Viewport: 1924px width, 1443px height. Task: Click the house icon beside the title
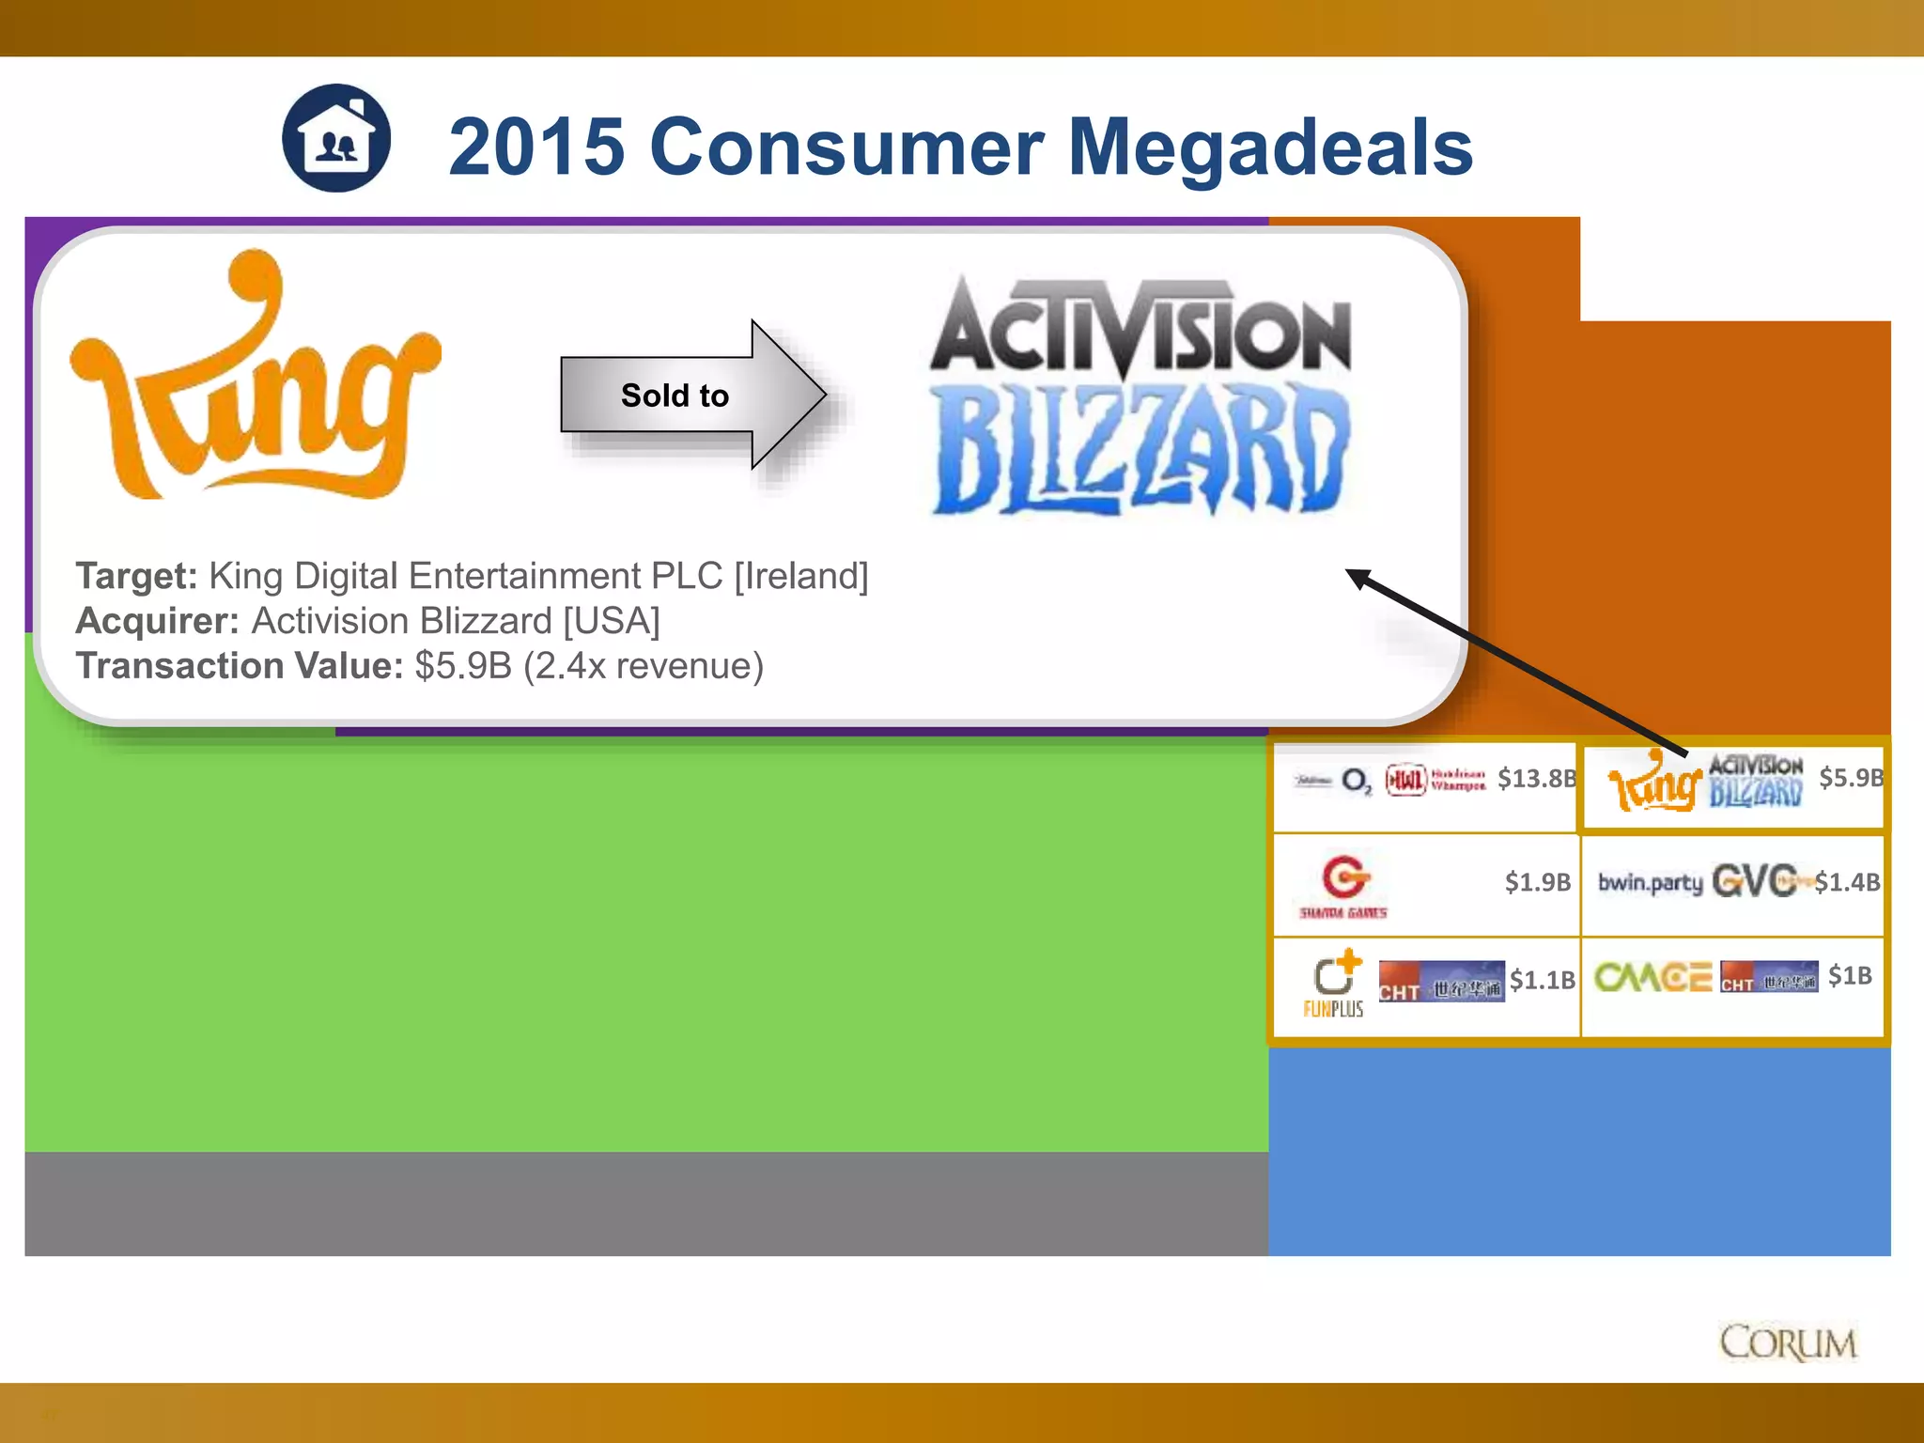pyautogui.click(x=336, y=139)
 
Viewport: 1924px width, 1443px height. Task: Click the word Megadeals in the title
pyautogui.click(x=1270, y=147)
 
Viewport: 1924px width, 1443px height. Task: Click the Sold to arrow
pyautogui.click(x=691, y=395)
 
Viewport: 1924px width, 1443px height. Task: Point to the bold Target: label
pyautogui.click(x=136, y=576)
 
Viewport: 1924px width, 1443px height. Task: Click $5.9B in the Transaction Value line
pyautogui.click(x=463, y=666)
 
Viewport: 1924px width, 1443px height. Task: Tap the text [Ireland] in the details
pyautogui.click(x=800, y=576)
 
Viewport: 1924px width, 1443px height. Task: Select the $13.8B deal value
pyautogui.click(x=1536, y=779)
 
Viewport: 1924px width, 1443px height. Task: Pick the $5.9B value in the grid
pyautogui.click(x=1851, y=778)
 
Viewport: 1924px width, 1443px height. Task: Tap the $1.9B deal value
pyautogui.click(x=1537, y=882)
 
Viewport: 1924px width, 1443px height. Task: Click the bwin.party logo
pyautogui.click(x=1650, y=882)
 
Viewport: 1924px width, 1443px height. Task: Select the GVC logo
pyautogui.click(x=1754, y=881)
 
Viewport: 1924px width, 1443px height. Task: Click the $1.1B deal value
pyautogui.click(x=1542, y=980)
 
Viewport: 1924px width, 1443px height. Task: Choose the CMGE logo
pyautogui.click(x=1652, y=977)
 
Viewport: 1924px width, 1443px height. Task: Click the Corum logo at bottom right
pyautogui.click(x=1788, y=1343)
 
